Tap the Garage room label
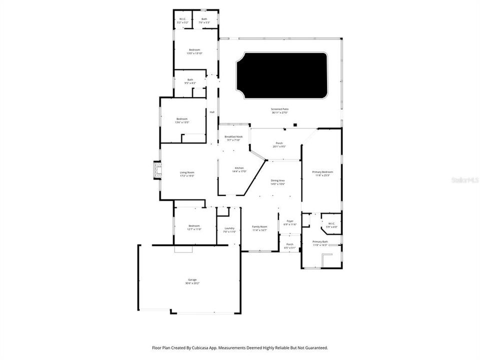192,279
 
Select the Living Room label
186,173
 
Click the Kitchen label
239,168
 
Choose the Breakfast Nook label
233,136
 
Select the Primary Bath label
320,241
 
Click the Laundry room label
229,228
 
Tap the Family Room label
259,227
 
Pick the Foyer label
290,221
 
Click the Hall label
212,112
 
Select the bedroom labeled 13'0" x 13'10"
194,50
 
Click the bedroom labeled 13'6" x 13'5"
181,119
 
